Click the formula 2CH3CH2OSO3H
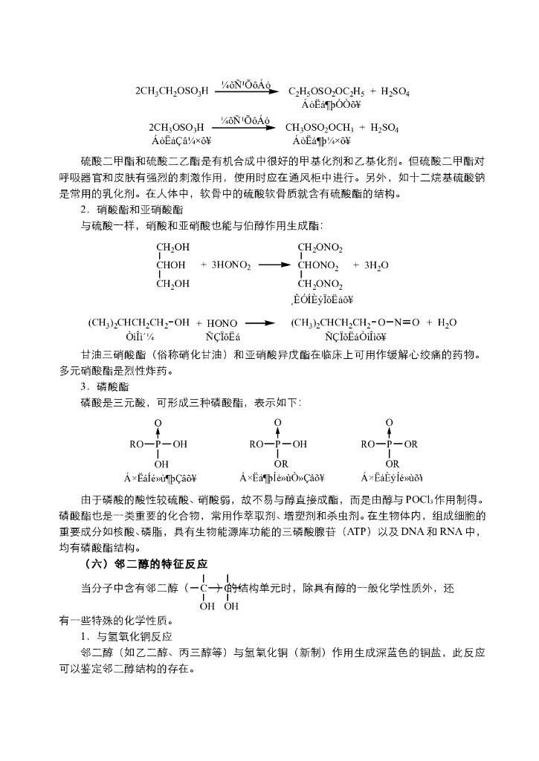[172, 91]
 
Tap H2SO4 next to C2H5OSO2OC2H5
[396, 91]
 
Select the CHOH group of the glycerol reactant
[172, 265]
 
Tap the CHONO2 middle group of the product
[318, 265]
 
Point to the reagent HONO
[222, 323]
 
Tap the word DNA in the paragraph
[401, 531]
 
